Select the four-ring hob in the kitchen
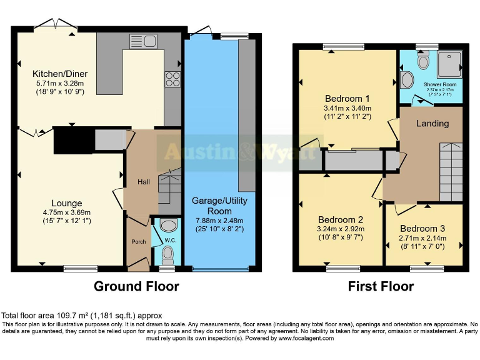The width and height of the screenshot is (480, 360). pos(172,79)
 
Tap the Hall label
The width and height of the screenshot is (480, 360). pos(144,182)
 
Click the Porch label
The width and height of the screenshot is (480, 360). pos(137,242)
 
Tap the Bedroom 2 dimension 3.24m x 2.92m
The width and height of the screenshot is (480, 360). pos(341,229)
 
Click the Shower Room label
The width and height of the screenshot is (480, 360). pos(440,84)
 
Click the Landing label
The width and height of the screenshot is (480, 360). pos(432,123)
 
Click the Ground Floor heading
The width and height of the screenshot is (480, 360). pos(136,287)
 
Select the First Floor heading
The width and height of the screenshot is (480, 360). pos(381,287)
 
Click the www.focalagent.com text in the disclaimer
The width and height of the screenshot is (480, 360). pos(306,338)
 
